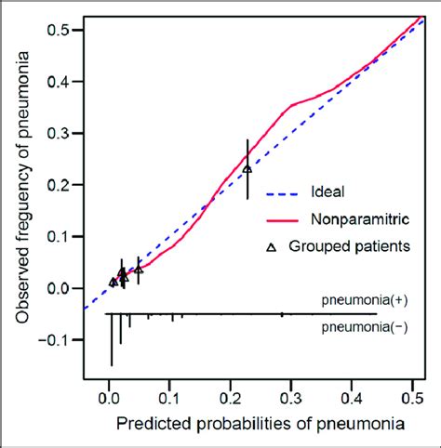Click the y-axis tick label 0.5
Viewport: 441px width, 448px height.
click(x=62, y=30)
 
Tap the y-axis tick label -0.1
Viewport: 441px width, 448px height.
click(x=59, y=340)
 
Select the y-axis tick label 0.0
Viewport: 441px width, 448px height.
click(x=62, y=288)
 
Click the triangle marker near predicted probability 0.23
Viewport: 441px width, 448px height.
click(x=247, y=169)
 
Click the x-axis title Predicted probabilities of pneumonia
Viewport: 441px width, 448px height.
click(x=260, y=424)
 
